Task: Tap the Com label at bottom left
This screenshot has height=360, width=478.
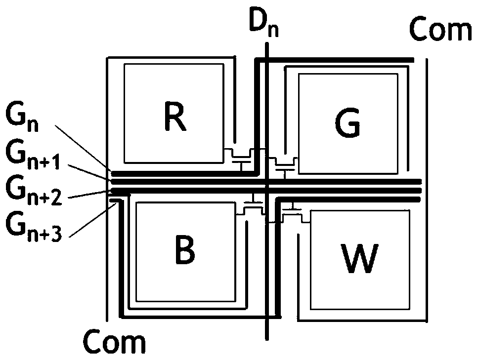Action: [x=115, y=342]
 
